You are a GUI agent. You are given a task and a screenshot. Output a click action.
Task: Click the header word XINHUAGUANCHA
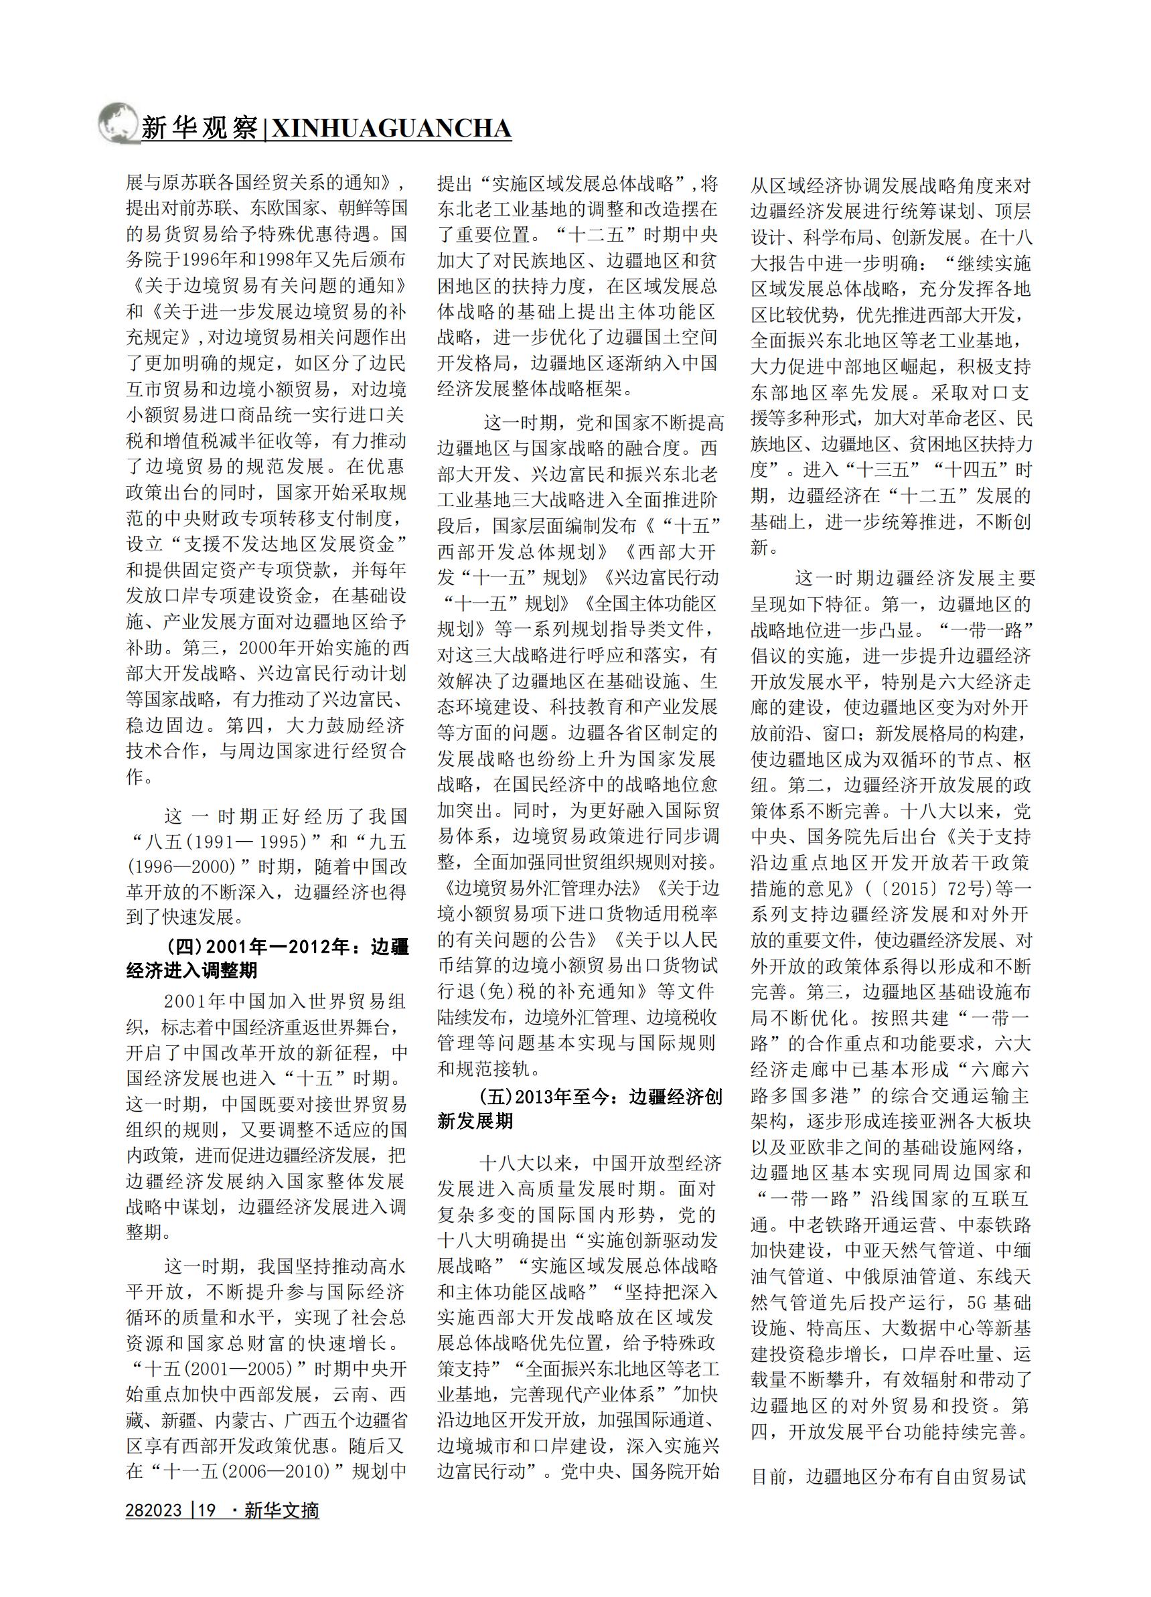point(391,129)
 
